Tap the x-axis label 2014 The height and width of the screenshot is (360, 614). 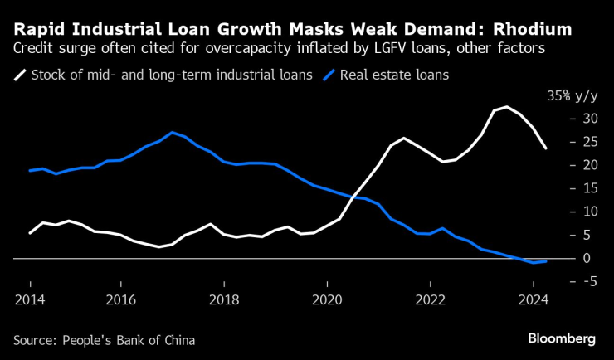(29, 300)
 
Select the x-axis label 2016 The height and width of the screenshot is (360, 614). (121, 300)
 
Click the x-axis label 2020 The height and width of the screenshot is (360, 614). (327, 300)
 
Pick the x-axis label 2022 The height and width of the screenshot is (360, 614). (430, 300)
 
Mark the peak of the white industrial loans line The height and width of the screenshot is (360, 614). (507, 107)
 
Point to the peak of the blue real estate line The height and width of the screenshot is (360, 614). (172, 133)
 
